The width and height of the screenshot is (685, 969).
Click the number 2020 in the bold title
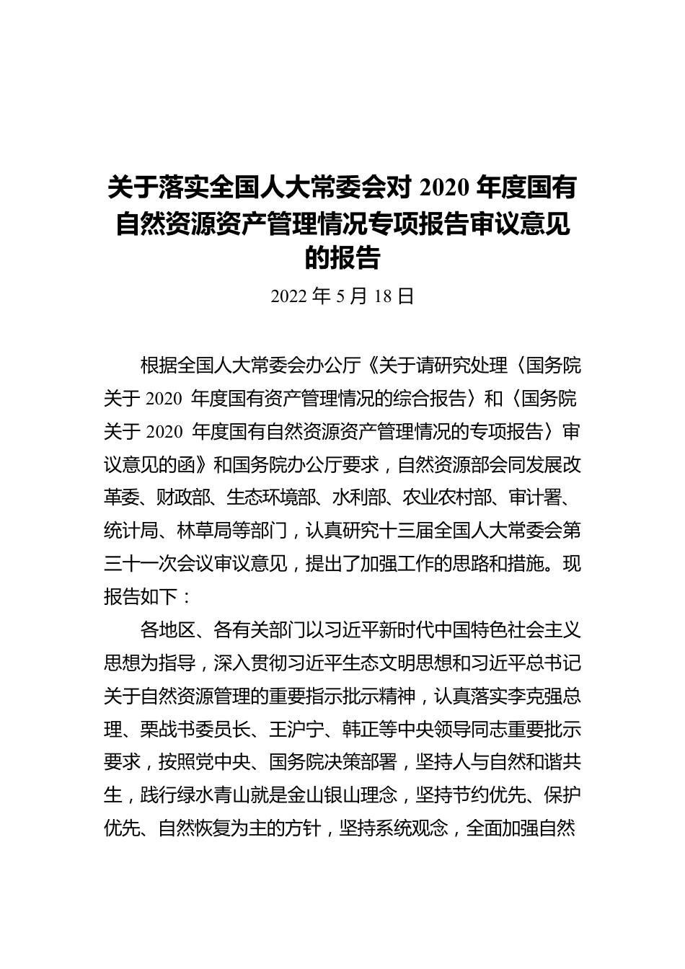441,190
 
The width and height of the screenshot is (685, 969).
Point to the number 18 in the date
384,296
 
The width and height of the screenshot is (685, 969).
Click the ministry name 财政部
183,498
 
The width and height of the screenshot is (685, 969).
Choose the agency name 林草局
201,531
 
